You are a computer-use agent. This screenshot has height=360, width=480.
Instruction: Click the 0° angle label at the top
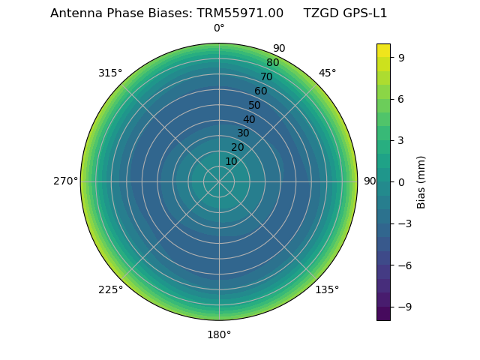point(219,28)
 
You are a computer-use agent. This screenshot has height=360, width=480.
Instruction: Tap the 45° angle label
point(327,73)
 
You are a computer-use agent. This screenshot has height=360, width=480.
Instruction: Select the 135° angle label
point(327,289)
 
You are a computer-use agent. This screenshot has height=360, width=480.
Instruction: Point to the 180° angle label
point(219,334)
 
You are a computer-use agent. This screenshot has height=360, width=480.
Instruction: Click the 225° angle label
point(110,289)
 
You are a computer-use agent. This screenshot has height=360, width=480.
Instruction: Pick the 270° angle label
point(65,181)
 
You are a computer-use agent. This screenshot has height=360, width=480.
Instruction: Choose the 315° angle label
point(110,73)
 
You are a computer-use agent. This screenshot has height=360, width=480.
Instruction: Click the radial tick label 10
point(231,161)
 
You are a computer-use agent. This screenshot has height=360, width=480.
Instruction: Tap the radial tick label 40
point(249,119)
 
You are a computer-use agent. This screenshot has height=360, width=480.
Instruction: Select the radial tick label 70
point(266,76)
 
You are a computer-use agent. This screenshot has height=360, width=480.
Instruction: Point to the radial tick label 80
point(272,62)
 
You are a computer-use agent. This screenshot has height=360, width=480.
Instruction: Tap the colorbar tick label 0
point(402,181)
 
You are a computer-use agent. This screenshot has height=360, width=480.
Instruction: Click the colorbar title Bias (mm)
point(421,181)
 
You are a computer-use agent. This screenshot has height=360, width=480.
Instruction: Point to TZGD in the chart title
point(319,13)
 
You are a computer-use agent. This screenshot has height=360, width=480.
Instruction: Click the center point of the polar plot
point(219,181)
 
